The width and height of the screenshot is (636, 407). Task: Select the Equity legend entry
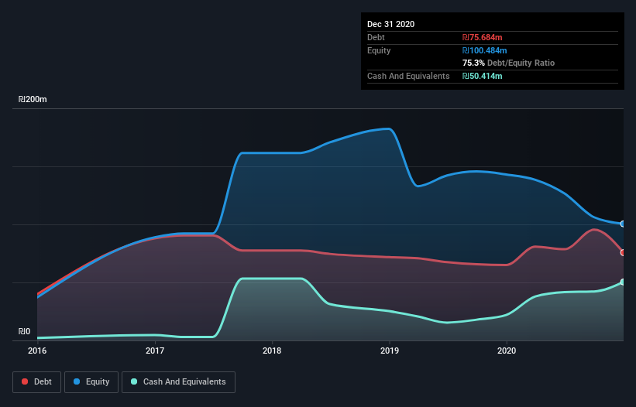click(x=92, y=381)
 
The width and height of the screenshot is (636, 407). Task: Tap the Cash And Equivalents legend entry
click(x=178, y=381)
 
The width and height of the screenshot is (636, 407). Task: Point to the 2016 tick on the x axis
click(x=37, y=351)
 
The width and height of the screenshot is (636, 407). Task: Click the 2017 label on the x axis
click(x=155, y=351)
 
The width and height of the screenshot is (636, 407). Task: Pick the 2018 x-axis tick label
click(x=272, y=351)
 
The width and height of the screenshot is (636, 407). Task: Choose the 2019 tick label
click(x=390, y=351)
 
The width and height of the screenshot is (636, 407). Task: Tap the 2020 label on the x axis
click(x=507, y=351)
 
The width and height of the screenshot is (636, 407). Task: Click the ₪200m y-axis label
click(x=33, y=100)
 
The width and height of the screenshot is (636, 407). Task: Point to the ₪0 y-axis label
click(x=25, y=332)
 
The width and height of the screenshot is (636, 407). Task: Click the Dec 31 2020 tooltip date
click(x=390, y=24)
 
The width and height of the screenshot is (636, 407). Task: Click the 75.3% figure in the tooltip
click(x=473, y=63)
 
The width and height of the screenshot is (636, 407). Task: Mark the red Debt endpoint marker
click(x=623, y=252)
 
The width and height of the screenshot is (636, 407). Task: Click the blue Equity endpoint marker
click(x=623, y=224)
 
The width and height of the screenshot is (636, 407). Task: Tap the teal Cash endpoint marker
click(x=623, y=282)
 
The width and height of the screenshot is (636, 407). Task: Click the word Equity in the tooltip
click(x=380, y=50)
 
